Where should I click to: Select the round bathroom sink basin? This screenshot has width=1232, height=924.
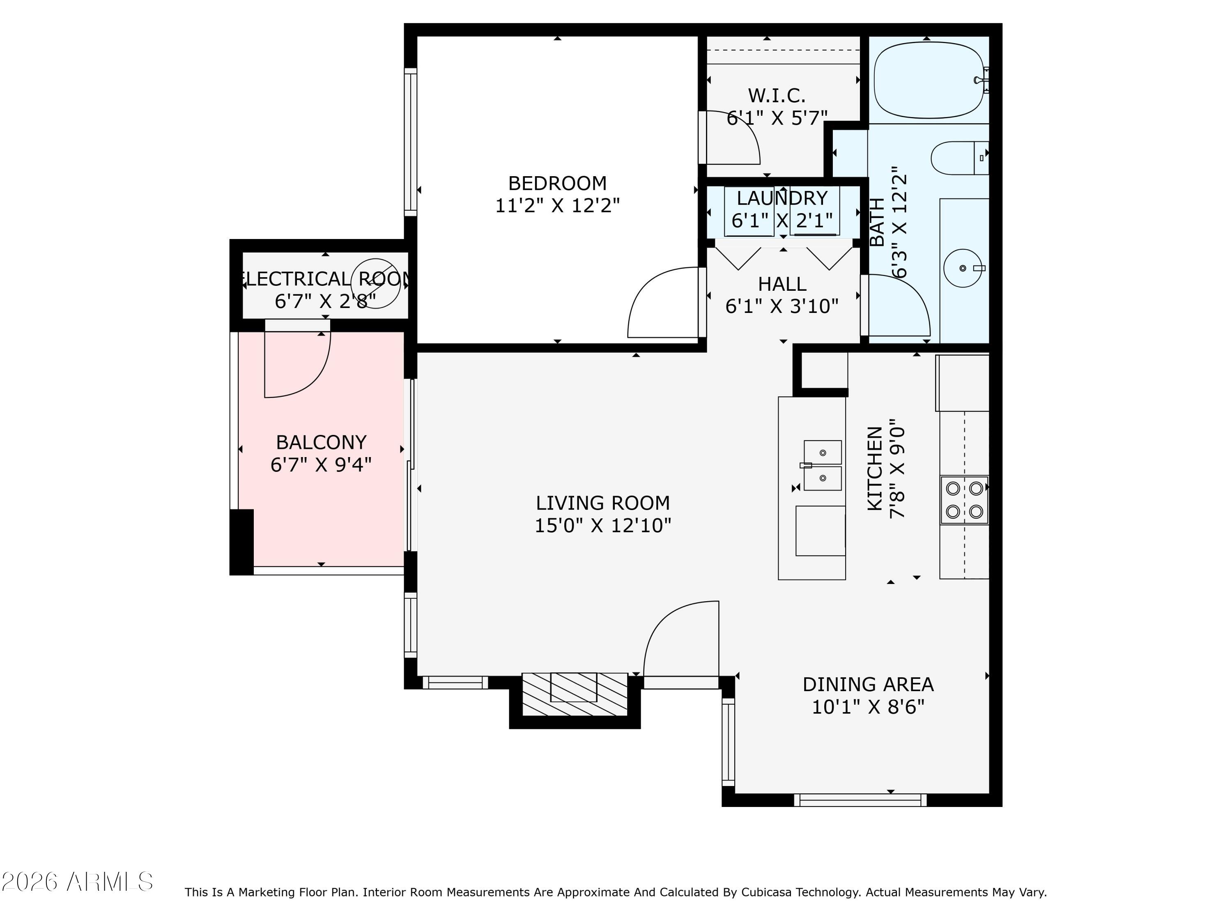pos(963,268)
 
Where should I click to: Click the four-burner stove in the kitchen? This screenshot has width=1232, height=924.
pos(964,500)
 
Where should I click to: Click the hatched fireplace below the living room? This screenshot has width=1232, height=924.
pos(574,694)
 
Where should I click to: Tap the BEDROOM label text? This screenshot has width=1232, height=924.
pos(557,183)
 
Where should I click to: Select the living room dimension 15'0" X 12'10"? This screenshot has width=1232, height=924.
pos(602,525)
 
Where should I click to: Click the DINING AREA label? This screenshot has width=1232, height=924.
pos(868,684)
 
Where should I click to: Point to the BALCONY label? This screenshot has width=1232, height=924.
pos(322,442)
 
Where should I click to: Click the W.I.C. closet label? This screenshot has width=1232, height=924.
pos(777,96)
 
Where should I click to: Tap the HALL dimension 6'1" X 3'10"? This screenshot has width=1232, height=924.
pos(781,306)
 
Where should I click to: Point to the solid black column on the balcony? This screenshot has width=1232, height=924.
pos(242,541)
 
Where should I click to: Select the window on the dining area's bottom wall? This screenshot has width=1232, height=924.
pos(860,800)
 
